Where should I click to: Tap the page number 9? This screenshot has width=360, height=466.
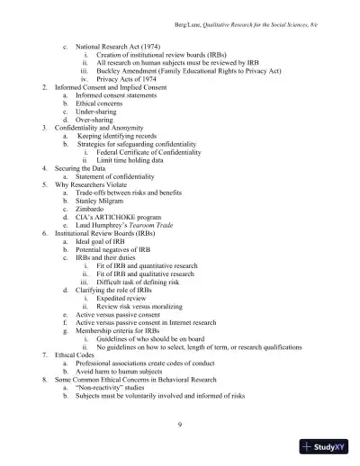click(x=180, y=421)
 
